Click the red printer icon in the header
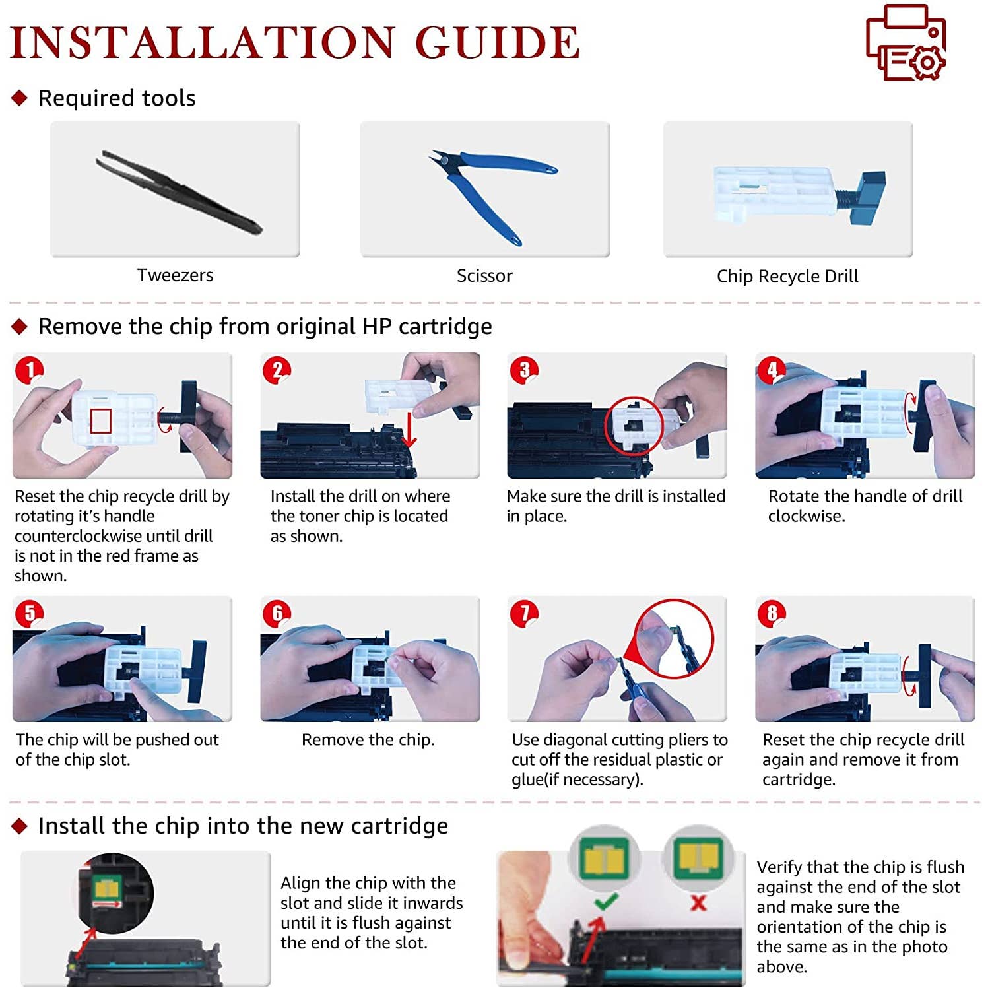coord(906,42)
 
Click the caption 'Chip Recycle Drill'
coord(787,276)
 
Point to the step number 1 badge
coord(29,370)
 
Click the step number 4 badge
coord(772,370)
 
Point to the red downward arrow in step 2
coord(410,430)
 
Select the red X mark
coord(698,902)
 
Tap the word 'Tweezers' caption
coord(175,275)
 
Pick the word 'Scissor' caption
coord(484,275)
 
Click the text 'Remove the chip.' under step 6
coord(368,740)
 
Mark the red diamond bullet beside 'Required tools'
coord(20,98)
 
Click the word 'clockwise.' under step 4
coord(807,516)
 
